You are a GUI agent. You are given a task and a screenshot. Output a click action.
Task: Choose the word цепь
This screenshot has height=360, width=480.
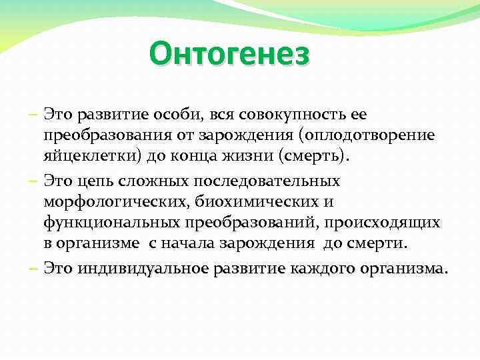tap(99, 180)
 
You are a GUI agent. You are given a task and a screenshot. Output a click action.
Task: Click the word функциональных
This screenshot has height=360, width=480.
tap(105, 223)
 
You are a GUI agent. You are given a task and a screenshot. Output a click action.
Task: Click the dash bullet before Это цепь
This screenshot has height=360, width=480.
tap(33, 180)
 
